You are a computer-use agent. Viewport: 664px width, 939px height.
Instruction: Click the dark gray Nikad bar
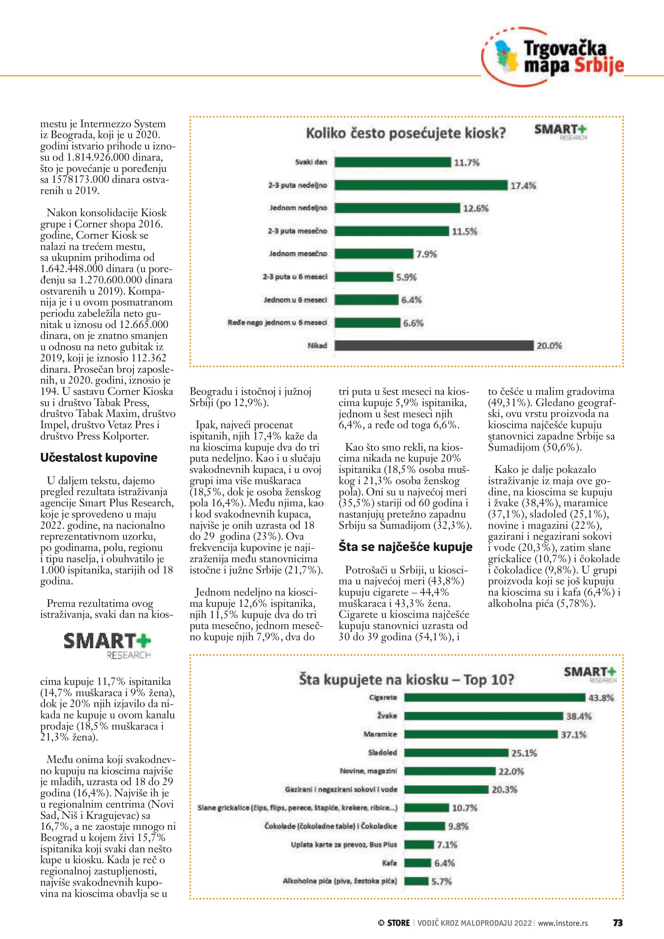[x=434, y=346]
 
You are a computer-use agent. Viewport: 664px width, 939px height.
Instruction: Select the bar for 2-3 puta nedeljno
[x=421, y=185]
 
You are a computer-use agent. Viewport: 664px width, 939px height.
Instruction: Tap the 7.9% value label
[x=427, y=254]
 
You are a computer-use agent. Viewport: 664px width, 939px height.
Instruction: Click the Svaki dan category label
[x=311, y=162]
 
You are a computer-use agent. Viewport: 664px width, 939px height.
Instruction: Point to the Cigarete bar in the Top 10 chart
[x=495, y=697]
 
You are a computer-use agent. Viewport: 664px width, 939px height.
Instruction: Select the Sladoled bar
[x=456, y=752]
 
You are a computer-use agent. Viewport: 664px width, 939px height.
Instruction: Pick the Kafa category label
[x=389, y=863]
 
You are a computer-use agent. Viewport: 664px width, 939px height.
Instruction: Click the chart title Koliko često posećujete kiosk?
[x=406, y=133]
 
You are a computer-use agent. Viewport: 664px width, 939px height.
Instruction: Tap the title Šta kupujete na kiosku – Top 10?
[x=406, y=680]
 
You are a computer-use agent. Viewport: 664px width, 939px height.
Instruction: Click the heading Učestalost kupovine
[x=99, y=458]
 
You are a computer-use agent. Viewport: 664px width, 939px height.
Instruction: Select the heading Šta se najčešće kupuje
[x=405, y=547]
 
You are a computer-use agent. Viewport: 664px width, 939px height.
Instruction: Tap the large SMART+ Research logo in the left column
[x=108, y=645]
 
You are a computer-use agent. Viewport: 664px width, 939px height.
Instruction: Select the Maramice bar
[x=481, y=734]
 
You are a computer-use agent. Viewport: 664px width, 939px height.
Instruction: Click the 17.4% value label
[x=523, y=186]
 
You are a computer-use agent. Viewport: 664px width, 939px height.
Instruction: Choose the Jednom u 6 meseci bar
[x=366, y=300]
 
